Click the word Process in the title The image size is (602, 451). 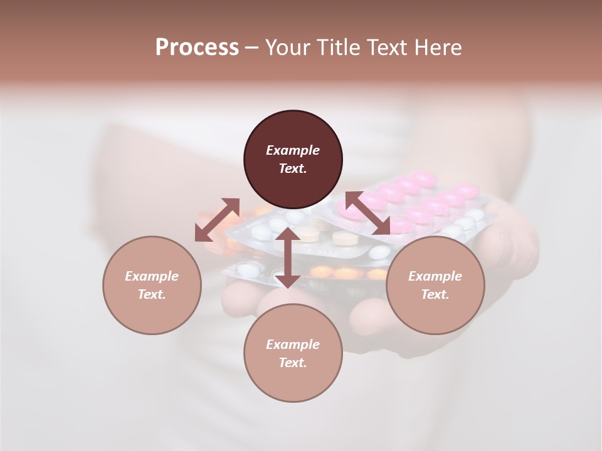(x=197, y=48)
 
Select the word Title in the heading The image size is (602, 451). (x=338, y=48)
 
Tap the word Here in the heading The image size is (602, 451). (x=438, y=48)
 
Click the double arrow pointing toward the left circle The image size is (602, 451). (x=217, y=220)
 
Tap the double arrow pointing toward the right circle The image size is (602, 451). (x=368, y=214)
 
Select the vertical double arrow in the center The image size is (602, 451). (x=288, y=257)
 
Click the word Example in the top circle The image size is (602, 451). (x=293, y=150)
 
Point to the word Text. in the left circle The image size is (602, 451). (x=152, y=294)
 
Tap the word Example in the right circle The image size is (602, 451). (x=435, y=276)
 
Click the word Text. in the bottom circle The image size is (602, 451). (x=293, y=363)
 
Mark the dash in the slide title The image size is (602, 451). (x=251, y=48)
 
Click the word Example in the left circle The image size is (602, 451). (x=152, y=276)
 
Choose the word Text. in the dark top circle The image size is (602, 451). (x=293, y=168)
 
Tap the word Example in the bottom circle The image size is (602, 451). (x=293, y=345)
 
